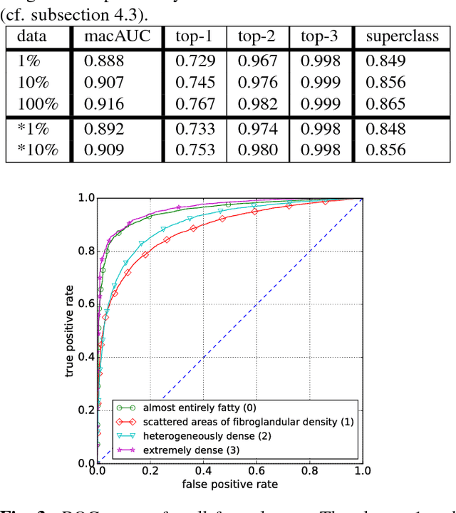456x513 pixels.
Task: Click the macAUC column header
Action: pos(116,36)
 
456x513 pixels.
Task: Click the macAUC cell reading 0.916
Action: pos(104,104)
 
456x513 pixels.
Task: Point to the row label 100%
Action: pos(38,104)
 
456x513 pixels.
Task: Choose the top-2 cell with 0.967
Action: pos(258,61)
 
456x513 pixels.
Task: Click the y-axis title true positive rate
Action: pos(70,330)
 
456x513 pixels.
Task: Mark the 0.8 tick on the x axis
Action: pos(309,471)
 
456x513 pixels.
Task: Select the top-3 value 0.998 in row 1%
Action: pos(320,61)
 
